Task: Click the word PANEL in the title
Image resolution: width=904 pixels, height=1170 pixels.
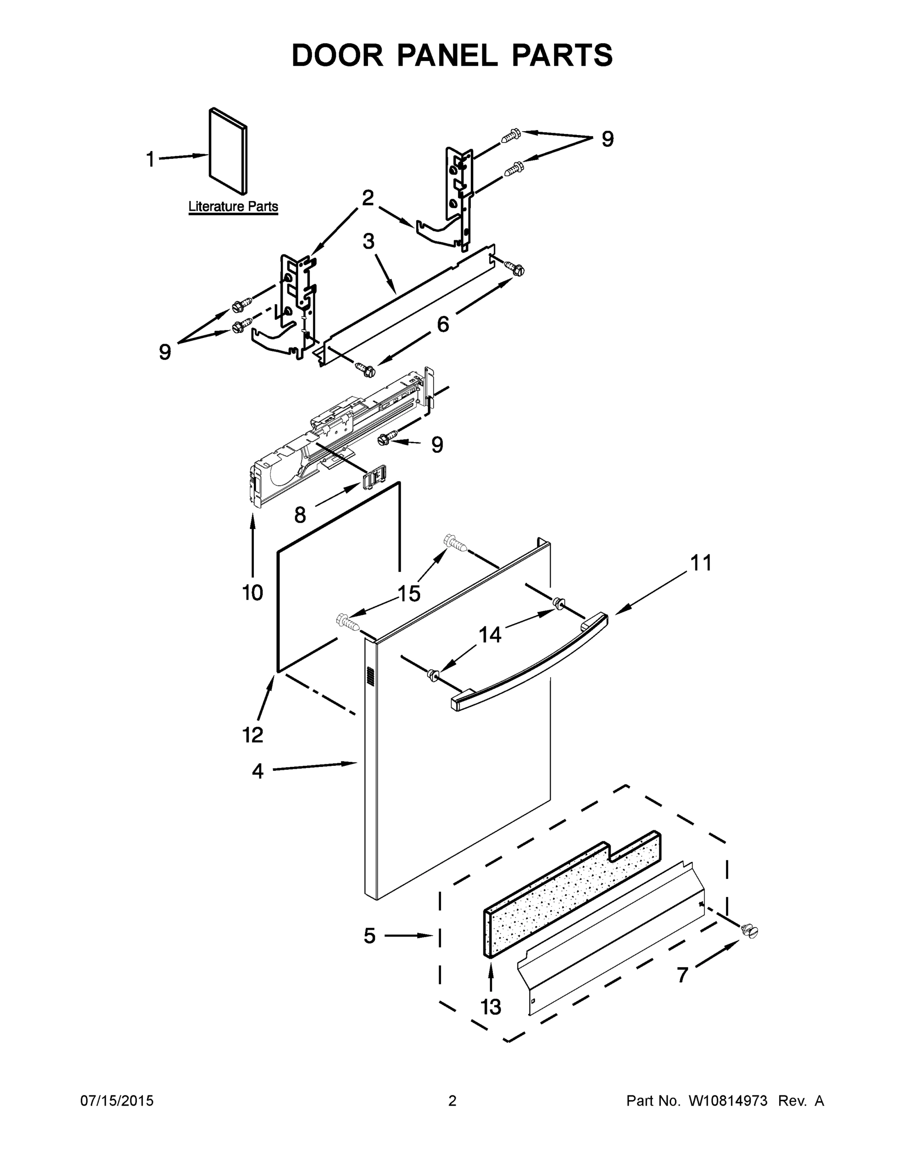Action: pyautogui.click(x=447, y=55)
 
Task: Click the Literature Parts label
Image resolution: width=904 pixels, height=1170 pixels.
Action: pyautogui.click(x=233, y=206)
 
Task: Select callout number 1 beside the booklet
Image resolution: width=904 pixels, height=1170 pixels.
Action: pyautogui.click(x=151, y=159)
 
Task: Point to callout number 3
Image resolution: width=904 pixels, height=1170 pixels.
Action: pyautogui.click(x=368, y=242)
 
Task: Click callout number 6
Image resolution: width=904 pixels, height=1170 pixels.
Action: pyautogui.click(x=443, y=324)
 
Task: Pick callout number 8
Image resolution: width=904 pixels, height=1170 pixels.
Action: pyautogui.click(x=300, y=515)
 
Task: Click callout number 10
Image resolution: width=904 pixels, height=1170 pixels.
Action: pyautogui.click(x=252, y=592)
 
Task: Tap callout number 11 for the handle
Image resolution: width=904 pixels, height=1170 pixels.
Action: pyautogui.click(x=700, y=563)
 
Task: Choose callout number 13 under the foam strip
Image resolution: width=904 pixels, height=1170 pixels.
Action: pyautogui.click(x=491, y=1007)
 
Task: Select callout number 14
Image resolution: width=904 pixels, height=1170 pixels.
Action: pyautogui.click(x=489, y=635)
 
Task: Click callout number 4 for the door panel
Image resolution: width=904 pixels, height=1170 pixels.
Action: pyautogui.click(x=258, y=771)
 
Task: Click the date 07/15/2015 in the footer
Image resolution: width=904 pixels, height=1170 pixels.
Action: pyautogui.click(x=117, y=1101)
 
